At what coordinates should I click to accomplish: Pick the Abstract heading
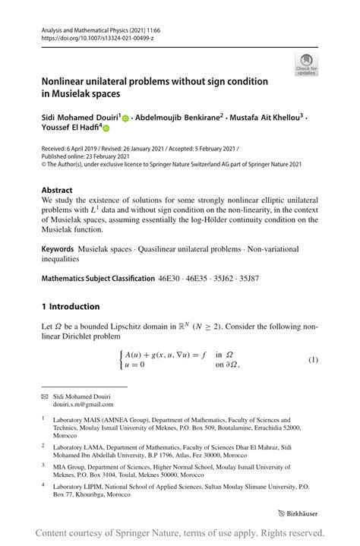coord(57,190)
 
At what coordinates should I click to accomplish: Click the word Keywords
coord(58,249)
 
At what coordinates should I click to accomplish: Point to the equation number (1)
coord(312,358)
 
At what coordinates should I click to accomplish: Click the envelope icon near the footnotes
coord(44,397)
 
